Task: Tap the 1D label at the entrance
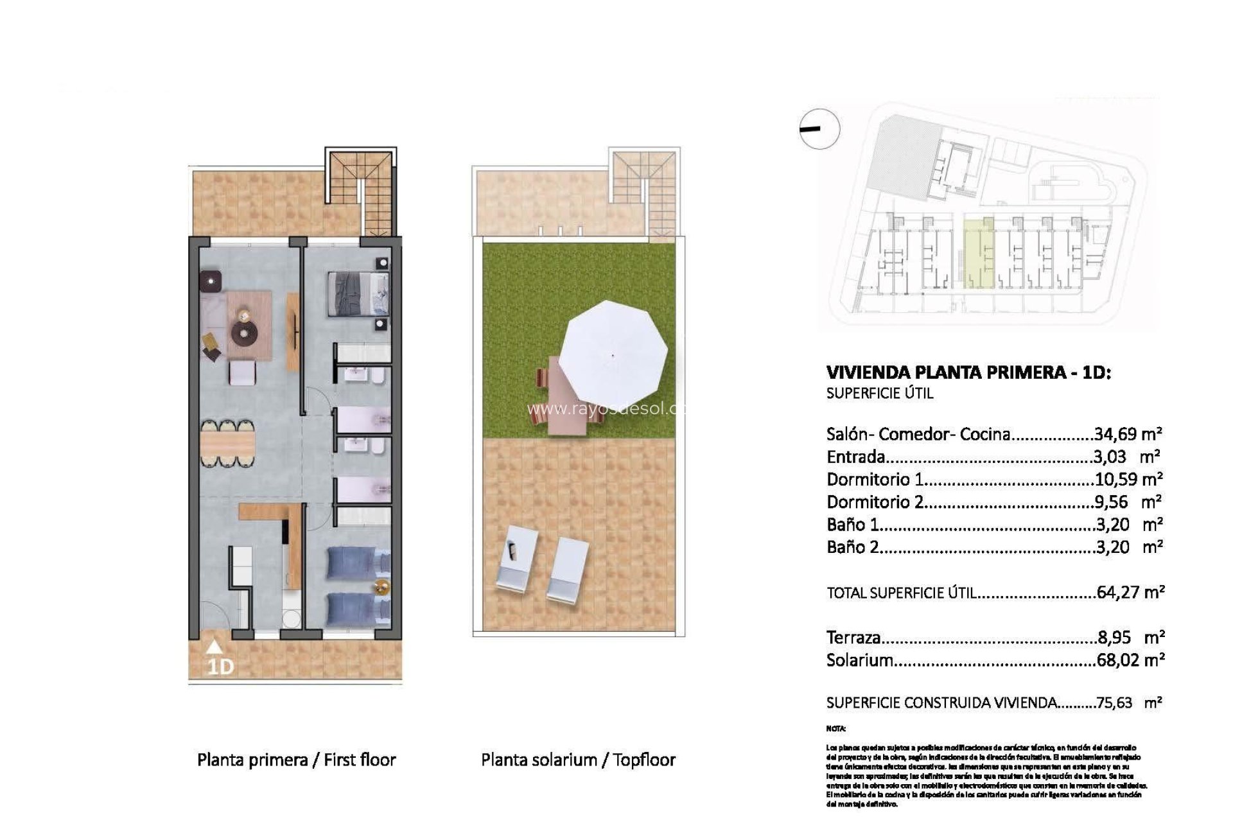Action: coord(220,667)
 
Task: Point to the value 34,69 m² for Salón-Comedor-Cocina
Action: coord(1128,434)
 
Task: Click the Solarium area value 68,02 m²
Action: coord(1130,660)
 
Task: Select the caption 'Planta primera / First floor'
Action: coord(296,760)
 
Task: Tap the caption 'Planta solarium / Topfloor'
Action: coord(578,760)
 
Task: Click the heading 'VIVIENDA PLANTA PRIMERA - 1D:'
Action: coord(968,372)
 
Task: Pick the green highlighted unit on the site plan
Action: coord(979,253)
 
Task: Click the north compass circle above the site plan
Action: coord(820,129)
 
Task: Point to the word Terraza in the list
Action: coord(853,638)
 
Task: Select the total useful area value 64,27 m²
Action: coord(1130,591)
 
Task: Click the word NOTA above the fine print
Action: coord(835,729)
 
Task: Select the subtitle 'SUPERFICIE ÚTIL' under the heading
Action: coord(879,394)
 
